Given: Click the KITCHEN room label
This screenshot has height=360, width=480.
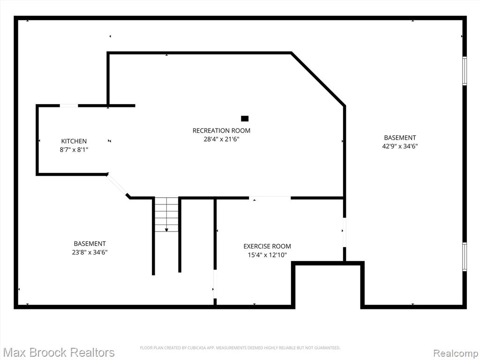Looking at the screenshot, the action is coord(74,141).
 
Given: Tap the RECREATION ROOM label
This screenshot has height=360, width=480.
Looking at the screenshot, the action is coord(221,131).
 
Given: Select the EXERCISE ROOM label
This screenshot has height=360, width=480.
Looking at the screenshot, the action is coord(267,246).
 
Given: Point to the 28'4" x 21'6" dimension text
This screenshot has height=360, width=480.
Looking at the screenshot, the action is coord(221,139).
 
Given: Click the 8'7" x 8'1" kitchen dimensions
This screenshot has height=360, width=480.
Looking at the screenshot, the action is coord(74,150).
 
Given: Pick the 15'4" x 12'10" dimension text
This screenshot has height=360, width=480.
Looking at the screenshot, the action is coord(267,255).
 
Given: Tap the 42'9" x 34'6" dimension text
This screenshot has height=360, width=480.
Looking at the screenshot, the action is coord(400,146).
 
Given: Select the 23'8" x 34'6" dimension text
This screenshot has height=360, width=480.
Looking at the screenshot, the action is coord(90,252).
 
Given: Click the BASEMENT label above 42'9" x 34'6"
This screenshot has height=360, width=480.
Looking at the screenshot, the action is coord(400,138).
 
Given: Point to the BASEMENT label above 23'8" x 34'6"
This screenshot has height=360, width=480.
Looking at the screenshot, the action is coord(90,244).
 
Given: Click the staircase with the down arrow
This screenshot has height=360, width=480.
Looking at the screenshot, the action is coord(166,215).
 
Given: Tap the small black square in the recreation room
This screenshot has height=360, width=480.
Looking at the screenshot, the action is coord(245,119).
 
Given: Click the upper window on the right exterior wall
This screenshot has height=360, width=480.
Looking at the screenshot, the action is coord(465,71).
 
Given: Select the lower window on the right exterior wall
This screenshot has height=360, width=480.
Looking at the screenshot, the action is coord(465,256).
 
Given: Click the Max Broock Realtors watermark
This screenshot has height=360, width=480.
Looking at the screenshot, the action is coord(59,352).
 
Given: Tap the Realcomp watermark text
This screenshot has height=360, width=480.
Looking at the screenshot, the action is coord(455,353).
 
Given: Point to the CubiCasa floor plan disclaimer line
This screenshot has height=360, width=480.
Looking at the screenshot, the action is coord(240,348).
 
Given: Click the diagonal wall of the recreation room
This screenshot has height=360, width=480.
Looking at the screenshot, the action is coord(318,79).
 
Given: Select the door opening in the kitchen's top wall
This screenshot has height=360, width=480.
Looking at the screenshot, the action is coord(69,105).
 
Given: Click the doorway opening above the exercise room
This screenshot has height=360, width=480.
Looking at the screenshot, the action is coord(270,198).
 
